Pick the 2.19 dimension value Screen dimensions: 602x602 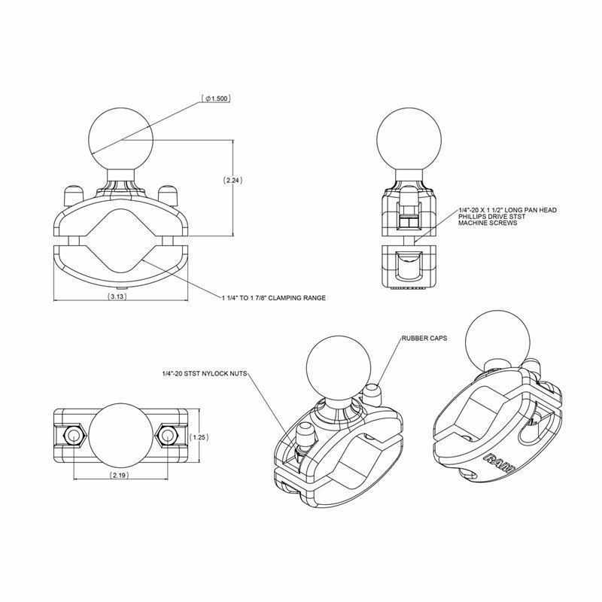(119, 476)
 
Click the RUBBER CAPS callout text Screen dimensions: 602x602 (425, 339)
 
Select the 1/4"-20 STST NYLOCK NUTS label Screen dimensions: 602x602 (204, 373)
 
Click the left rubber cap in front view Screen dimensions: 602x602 (73, 192)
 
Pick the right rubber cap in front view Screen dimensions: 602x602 (169, 192)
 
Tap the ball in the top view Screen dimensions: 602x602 (120, 436)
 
